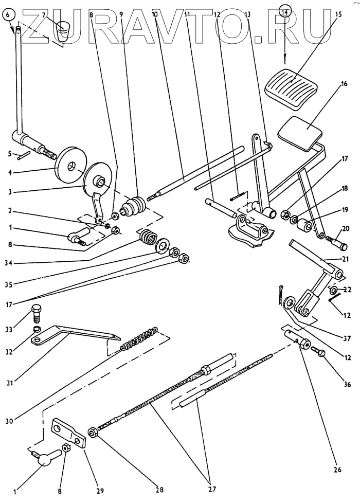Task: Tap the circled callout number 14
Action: tap(285, 9)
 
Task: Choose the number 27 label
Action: tap(212, 490)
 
